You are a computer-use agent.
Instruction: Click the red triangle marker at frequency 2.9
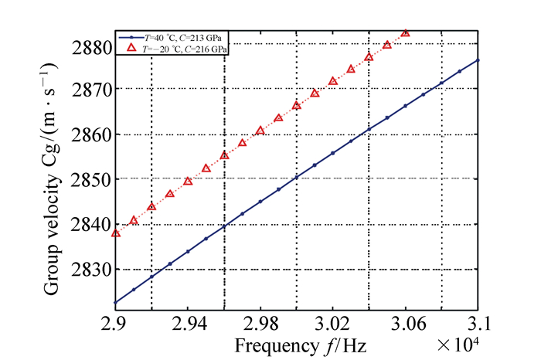(116, 233)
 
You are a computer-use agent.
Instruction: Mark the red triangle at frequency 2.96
(224, 155)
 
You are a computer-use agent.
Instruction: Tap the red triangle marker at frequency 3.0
(297, 105)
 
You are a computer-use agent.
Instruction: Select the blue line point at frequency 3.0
(297, 177)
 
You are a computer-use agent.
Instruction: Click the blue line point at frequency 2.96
(224, 226)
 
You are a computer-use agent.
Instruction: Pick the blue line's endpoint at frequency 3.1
(478, 59)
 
